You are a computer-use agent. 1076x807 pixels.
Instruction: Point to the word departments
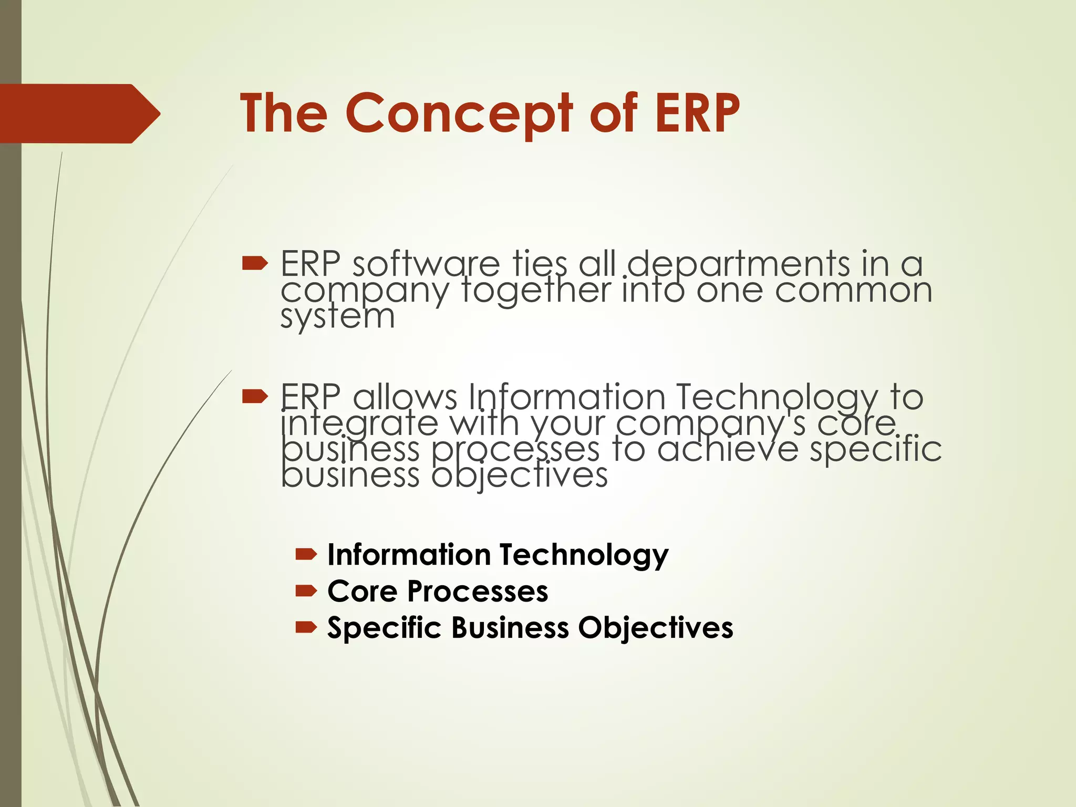pos(739,264)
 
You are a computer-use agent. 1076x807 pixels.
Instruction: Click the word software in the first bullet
pos(426,264)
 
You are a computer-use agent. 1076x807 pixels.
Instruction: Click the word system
pos(337,317)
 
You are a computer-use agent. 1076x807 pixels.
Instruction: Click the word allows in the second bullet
pos(405,397)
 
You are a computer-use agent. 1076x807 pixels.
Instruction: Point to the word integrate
pos(359,425)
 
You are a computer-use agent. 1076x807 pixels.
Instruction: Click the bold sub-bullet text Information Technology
pos(498,555)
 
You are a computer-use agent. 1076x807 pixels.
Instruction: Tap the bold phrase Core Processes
pos(438,591)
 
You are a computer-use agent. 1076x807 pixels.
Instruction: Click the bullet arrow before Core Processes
pos(306,591)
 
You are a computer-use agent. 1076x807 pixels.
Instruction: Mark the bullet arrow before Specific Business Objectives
pos(306,627)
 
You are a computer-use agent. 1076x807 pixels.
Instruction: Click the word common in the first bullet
pos(853,290)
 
